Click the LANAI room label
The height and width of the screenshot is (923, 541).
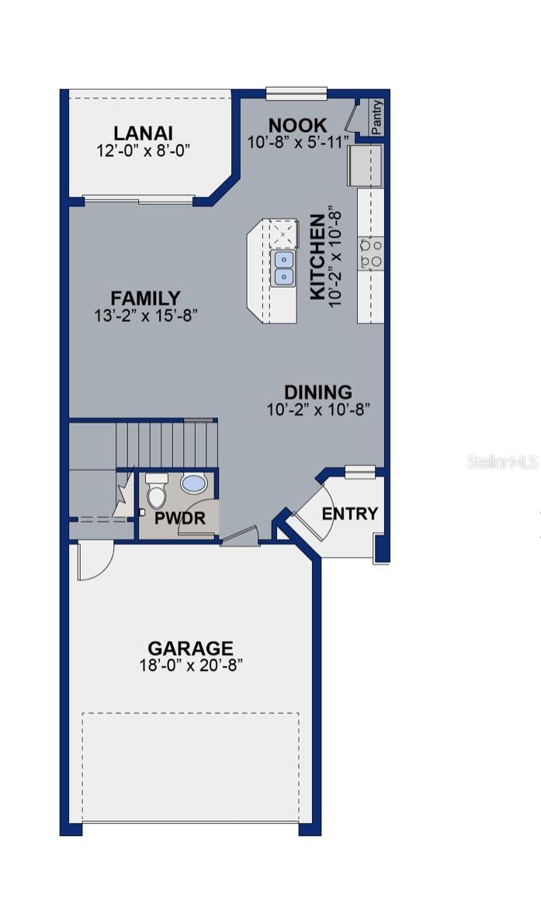point(143,133)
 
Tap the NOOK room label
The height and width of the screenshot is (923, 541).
point(297,126)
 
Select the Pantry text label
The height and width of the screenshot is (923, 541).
point(376,116)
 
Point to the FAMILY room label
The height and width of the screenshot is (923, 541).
point(145,298)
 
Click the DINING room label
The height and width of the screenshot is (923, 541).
point(317,392)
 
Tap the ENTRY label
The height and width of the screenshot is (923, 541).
point(349,513)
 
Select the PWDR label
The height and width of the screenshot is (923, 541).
point(179,518)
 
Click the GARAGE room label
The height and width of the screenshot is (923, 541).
point(190,648)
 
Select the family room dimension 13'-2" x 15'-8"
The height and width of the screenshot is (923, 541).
point(145,315)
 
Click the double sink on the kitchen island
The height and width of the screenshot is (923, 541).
point(283,268)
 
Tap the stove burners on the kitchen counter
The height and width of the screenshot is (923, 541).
point(370,253)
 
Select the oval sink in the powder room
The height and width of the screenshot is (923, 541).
point(193,483)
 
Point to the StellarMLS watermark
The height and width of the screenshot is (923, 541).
point(502,462)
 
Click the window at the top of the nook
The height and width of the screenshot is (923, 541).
point(296,93)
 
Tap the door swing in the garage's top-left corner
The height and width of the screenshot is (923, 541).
point(94,560)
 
